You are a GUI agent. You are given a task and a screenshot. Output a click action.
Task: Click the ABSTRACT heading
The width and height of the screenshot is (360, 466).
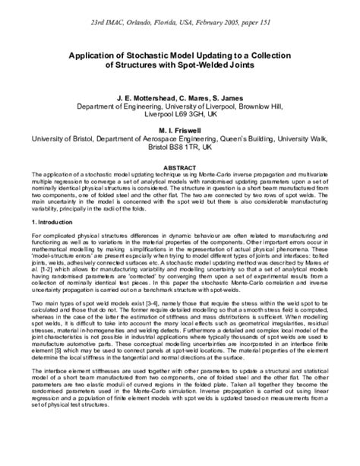[180, 166]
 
